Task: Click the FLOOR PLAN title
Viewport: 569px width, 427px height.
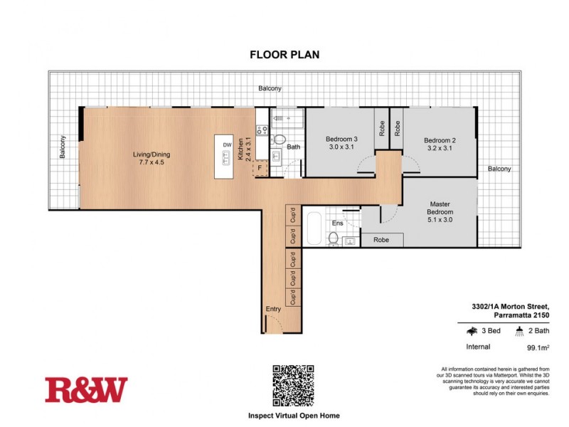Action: pos(284,53)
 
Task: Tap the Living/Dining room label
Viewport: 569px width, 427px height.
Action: pos(151,154)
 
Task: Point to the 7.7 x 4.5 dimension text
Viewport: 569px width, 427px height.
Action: pos(151,163)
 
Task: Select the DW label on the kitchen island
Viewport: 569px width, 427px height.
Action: pos(227,145)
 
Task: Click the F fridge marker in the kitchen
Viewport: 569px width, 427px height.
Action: pos(260,169)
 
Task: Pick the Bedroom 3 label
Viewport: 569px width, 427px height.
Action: pos(341,139)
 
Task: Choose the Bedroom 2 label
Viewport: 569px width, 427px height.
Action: pos(440,140)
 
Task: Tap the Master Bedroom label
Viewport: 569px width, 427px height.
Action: pos(440,209)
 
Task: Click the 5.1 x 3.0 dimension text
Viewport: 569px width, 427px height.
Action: pos(440,220)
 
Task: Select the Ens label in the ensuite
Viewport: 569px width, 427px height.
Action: pos(339,223)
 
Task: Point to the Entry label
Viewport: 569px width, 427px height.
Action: pos(273,309)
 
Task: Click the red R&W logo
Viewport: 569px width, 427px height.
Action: pos(86,390)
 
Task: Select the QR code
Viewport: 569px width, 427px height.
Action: pos(292,384)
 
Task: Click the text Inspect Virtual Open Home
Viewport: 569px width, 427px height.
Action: pos(293,415)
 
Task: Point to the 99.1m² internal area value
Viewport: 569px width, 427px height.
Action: pos(540,348)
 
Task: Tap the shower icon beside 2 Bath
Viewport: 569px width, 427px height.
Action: pos(520,331)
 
